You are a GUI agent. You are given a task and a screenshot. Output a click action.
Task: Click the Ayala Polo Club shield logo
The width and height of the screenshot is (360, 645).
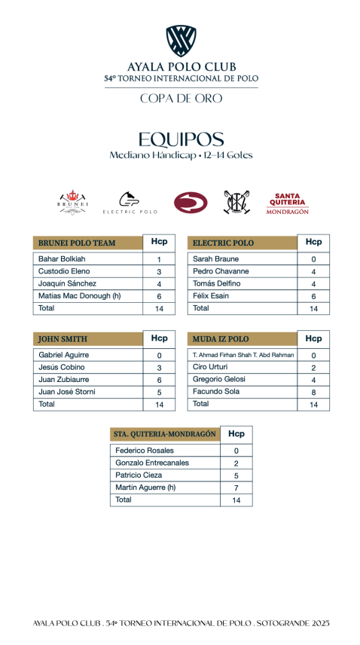(181, 41)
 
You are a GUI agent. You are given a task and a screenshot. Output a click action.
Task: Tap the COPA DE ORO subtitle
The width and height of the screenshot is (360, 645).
(181, 98)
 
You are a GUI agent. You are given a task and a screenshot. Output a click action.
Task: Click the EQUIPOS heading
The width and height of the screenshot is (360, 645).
(181, 139)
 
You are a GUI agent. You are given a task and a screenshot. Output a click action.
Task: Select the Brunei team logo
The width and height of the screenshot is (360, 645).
(73, 202)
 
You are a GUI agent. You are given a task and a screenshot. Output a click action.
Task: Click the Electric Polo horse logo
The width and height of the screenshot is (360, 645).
(130, 202)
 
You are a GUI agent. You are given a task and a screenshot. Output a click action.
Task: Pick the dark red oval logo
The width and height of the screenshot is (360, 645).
(190, 202)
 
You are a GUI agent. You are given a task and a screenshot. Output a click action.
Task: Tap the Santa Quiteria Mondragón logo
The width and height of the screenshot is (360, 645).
(288, 202)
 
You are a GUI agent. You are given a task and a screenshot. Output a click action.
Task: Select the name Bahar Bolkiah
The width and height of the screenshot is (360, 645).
(62, 258)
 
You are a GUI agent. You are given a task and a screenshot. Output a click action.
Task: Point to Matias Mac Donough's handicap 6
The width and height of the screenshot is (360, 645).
(159, 297)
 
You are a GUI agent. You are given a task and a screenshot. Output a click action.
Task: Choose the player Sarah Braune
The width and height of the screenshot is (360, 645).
(215, 258)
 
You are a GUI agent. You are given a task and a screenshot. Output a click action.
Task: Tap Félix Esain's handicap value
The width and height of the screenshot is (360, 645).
(313, 297)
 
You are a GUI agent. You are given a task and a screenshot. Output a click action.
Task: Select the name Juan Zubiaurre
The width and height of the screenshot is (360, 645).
(66, 380)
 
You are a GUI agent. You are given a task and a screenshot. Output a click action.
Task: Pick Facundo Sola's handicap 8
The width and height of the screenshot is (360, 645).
(313, 393)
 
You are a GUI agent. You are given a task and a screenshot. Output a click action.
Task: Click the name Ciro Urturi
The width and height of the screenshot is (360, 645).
(210, 367)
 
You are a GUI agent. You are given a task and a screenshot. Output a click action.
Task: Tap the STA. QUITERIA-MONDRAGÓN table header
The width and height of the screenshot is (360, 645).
(164, 435)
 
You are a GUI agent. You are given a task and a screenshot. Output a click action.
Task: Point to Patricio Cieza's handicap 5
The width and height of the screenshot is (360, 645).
(236, 475)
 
